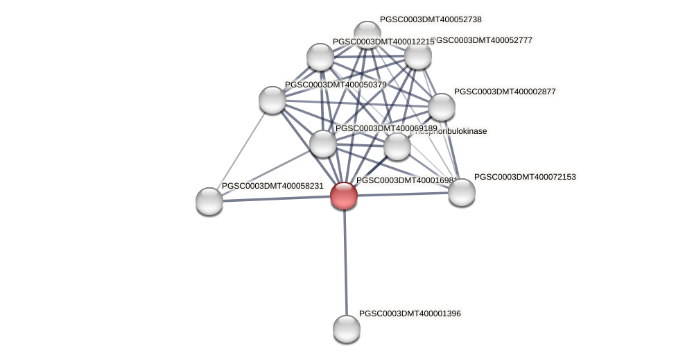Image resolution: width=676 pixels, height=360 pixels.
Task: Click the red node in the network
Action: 344,196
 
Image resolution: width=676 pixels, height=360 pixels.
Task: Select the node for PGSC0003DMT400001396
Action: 347,328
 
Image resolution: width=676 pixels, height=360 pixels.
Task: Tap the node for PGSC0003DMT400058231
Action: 209,201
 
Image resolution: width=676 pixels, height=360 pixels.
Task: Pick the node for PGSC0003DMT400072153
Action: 462,192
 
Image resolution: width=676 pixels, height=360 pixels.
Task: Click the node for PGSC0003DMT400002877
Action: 442,107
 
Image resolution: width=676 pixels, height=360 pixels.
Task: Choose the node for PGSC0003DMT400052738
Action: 367,33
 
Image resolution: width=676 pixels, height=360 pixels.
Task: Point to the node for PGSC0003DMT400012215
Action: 320,57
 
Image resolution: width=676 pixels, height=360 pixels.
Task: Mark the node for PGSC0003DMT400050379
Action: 272,100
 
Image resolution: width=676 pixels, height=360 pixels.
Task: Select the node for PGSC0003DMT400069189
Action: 323,144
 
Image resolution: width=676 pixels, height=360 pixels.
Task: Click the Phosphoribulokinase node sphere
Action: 397,146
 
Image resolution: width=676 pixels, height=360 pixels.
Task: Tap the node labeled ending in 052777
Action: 418,56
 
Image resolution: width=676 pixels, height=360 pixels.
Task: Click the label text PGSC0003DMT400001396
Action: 410,314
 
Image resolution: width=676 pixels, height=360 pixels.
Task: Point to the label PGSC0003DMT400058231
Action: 272,186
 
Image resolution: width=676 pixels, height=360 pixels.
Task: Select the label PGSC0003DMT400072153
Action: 525,177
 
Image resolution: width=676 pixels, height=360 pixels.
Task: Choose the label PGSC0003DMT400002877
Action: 505,91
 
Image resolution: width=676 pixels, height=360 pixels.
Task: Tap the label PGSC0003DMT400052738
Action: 431,19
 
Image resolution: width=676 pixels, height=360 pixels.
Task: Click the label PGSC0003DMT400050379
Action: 336,85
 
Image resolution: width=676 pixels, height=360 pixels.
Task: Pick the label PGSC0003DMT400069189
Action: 386,128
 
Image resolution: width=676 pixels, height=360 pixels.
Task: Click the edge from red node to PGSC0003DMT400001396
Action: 345,264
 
